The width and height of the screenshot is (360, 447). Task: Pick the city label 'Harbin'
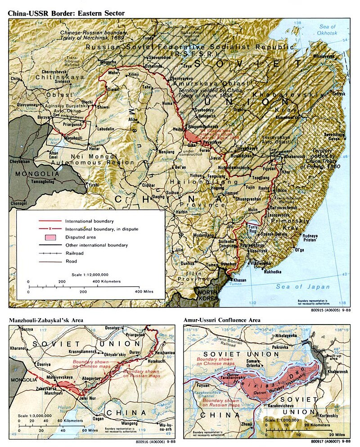[x=181, y=212]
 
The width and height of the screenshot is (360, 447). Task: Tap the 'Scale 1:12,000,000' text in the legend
[x=90, y=274]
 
